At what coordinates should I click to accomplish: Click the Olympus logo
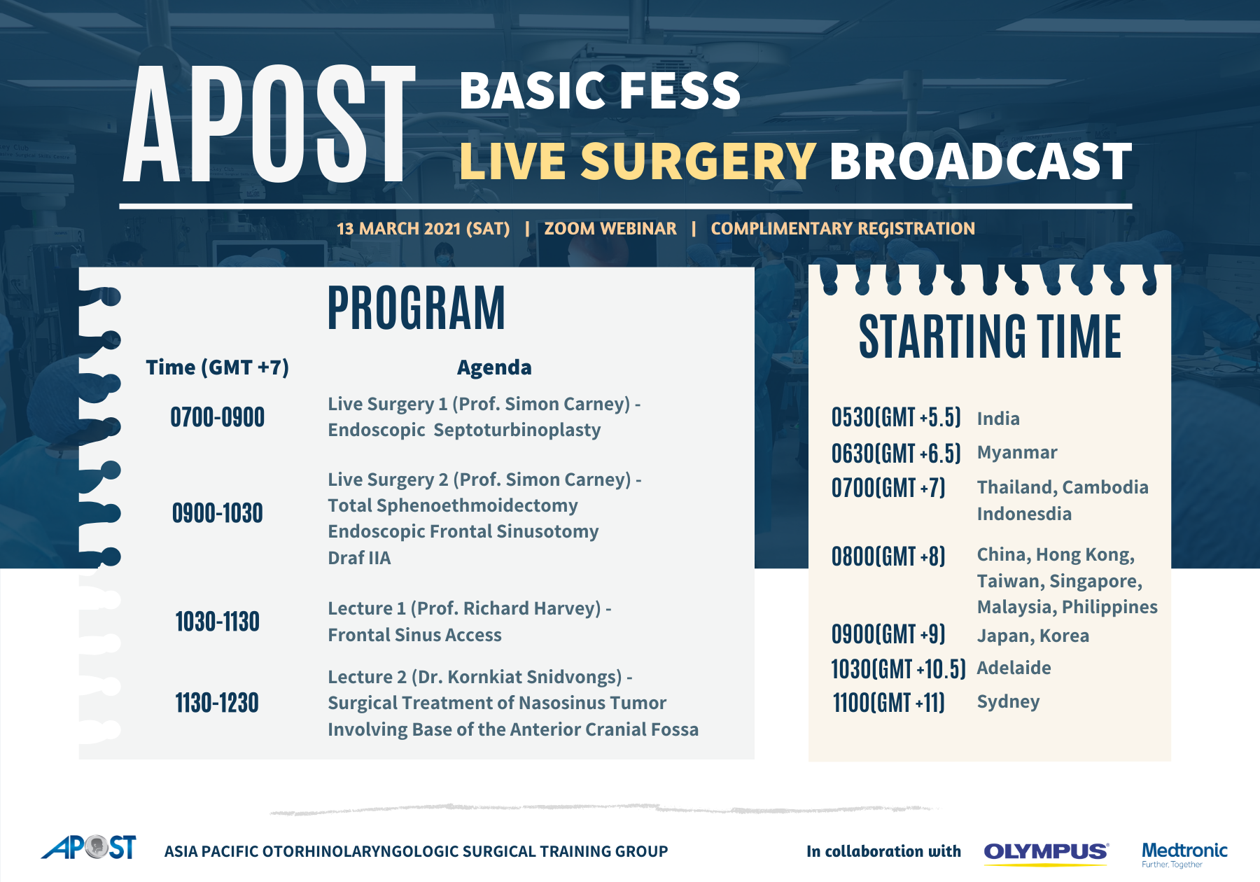pos(1046,853)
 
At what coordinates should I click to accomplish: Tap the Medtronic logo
pos(1184,854)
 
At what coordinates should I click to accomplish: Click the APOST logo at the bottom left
pos(89,847)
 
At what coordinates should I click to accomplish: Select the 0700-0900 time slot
pos(218,417)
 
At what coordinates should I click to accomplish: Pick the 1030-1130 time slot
pos(218,622)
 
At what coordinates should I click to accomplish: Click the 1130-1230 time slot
pos(217,703)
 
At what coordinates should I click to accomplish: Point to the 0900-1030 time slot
pos(218,513)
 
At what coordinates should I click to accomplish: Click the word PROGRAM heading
pos(416,308)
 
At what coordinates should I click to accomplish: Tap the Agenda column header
pos(494,367)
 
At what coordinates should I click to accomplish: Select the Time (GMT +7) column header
pos(218,367)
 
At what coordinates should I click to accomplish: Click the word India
pos(998,419)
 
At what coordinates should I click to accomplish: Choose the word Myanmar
pos(1017,453)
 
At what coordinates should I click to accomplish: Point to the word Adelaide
pos(1014,668)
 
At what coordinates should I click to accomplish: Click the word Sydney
pos(1008,702)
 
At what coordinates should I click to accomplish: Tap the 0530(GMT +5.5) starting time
pos(896,417)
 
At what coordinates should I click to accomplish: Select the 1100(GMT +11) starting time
pos(888,703)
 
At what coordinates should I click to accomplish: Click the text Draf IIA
pos(359,558)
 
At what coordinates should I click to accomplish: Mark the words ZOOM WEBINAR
pos(610,229)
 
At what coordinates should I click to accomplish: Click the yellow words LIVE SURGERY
pos(638,161)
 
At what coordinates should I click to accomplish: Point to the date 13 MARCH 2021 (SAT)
pos(423,229)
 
